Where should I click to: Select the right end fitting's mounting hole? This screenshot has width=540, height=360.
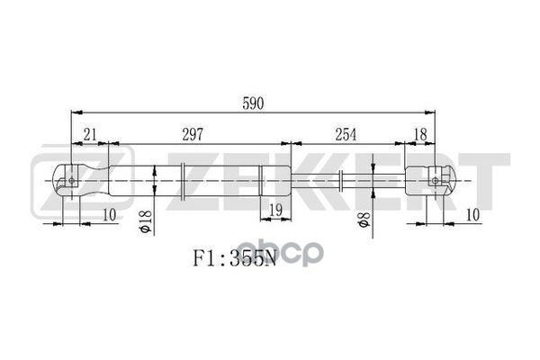click(437, 181)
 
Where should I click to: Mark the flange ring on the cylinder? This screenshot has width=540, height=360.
click(184, 180)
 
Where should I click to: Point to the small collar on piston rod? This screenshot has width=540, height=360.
click(344, 180)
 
